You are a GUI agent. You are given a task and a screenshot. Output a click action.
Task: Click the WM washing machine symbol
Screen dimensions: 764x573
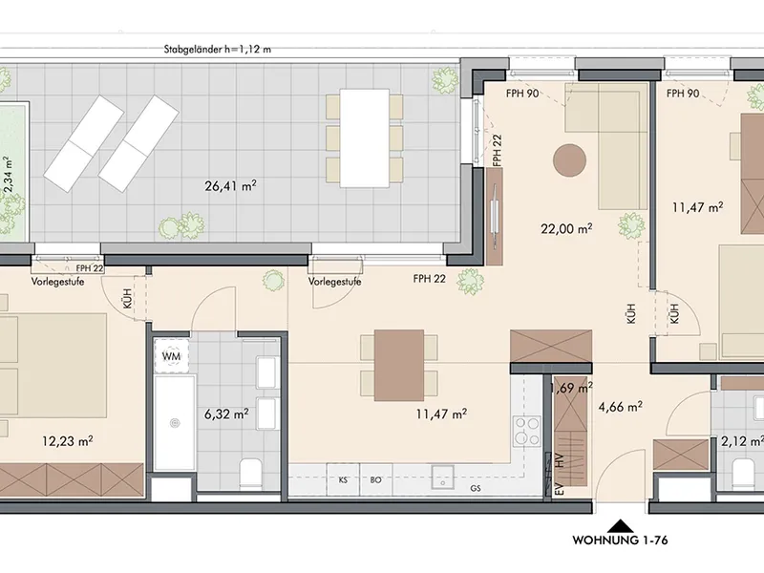pyautogui.click(x=171, y=356)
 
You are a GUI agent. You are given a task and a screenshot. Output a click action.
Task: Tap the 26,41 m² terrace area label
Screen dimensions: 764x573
pyautogui.click(x=230, y=185)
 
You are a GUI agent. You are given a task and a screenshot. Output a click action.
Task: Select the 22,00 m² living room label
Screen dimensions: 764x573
pyautogui.click(x=566, y=228)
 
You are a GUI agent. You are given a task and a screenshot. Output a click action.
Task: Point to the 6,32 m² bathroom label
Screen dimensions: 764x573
pyautogui.click(x=226, y=414)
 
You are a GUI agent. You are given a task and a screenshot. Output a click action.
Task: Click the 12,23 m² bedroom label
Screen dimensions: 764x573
pyautogui.click(x=68, y=441)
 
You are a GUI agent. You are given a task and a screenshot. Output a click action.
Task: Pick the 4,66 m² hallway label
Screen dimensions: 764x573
pyautogui.click(x=620, y=407)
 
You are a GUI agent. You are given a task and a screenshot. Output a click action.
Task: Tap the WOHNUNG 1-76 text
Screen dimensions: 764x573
pyautogui.click(x=620, y=541)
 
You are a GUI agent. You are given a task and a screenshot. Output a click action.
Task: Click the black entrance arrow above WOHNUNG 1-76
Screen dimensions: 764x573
pyautogui.click(x=620, y=526)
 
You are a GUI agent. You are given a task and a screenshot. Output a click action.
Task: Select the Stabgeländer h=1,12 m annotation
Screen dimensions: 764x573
pyautogui.click(x=218, y=50)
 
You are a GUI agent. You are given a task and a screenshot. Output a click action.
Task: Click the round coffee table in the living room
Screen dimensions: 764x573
pyautogui.click(x=569, y=160)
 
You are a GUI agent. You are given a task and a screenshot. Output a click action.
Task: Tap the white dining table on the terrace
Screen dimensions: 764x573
pyautogui.click(x=365, y=138)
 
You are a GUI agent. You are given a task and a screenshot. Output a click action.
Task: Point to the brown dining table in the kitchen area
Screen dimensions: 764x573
pyautogui.click(x=399, y=366)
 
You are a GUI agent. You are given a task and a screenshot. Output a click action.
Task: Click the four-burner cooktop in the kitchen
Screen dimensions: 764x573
pyautogui.click(x=527, y=432)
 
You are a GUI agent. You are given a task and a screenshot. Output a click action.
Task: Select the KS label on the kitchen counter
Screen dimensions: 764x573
pyautogui.click(x=343, y=480)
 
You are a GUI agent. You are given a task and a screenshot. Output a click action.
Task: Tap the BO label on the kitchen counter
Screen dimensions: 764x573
pyautogui.click(x=375, y=480)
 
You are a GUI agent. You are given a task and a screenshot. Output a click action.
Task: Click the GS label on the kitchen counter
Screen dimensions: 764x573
pyautogui.click(x=476, y=488)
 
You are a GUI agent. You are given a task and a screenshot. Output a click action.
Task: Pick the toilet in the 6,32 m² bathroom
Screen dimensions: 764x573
pyautogui.click(x=251, y=474)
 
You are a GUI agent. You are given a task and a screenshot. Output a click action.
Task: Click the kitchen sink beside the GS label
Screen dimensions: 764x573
pyautogui.click(x=443, y=477)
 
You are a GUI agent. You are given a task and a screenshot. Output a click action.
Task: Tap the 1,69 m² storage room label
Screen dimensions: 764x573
pyautogui.click(x=572, y=388)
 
